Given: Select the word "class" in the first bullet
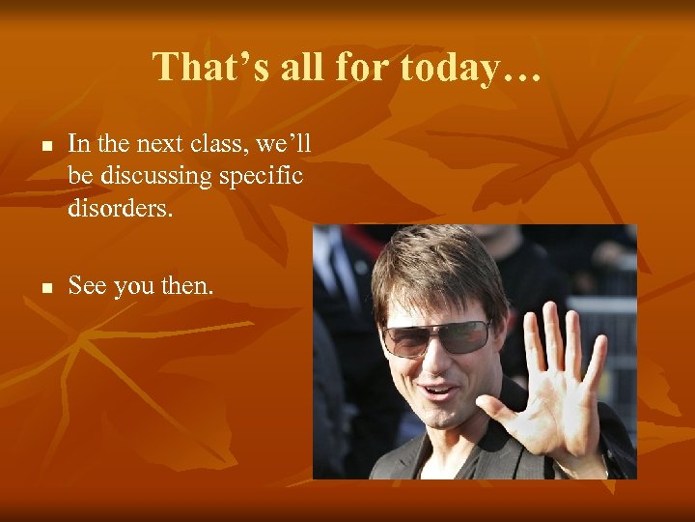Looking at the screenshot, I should click(x=221, y=144).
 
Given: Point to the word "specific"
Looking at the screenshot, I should click(x=265, y=176).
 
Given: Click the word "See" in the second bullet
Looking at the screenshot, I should click(x=87, y=286).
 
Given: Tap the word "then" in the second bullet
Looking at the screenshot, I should click(x=189, y=286).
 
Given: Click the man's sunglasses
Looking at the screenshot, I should click(x=436, y=336).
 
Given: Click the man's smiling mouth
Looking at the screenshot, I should click(x=440, y=392).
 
